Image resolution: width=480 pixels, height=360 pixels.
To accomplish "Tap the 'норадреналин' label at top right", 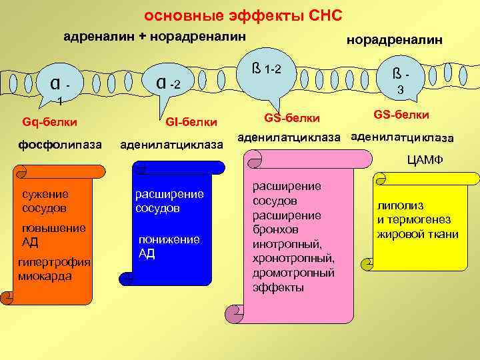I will pyautogui.click(x=393, y=40).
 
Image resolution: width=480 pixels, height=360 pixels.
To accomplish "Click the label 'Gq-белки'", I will pyautogui.click(x=49, y=122).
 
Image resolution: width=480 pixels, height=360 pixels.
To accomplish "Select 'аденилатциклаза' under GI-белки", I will pyautogui.click(x=171, y=145).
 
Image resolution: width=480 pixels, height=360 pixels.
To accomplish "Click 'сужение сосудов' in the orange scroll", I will pyautogui.click(x=45, y=201).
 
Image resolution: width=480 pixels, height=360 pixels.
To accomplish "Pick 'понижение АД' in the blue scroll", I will pyautogui.click(x=168, y=245).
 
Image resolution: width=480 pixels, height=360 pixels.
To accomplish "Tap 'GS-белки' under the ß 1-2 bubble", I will pyautogui.click(x=292, y=118).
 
